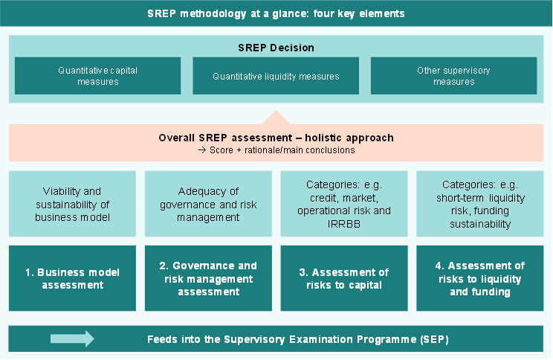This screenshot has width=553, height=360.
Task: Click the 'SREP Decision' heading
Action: (x=276, y=48)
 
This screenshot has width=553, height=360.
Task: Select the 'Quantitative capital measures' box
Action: (x=97, y=76)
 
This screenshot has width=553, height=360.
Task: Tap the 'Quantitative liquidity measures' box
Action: (x=276, y=76)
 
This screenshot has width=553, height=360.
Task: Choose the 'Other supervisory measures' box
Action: (x=454, y=76)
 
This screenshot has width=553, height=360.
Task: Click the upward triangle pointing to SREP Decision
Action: (x=276, y=118)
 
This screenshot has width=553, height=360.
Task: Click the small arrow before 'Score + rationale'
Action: (x=202, y=150)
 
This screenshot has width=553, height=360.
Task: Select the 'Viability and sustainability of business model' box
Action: (x=72, y=204)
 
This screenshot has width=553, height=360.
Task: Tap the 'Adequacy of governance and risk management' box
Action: (x=208, y=204)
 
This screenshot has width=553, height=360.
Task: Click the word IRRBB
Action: (x=344, y=224)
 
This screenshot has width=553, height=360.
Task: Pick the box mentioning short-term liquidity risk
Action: (x=480, y=204)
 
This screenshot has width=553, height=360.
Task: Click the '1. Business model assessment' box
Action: (x=72, y=278)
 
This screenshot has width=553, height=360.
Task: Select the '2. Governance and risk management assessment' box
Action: (x=208, y=278)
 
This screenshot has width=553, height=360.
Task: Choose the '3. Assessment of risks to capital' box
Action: (x=344, y=278)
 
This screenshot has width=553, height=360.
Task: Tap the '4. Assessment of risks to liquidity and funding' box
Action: (x=480, y=278)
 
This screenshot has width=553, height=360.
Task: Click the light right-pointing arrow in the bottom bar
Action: (x=72, y=339)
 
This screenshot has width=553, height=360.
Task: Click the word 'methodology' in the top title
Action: (x=213, y=14)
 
